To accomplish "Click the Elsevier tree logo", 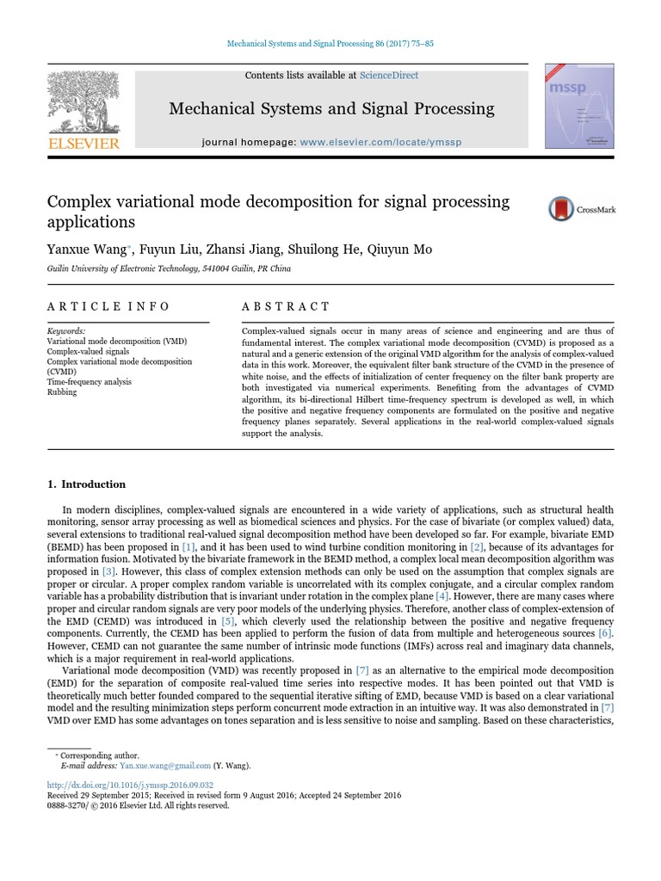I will tap(83, 102).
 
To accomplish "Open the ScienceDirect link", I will tap(389, 76).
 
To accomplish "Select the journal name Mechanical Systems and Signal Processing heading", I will tap(331, 108).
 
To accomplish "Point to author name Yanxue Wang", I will tap(86, 250).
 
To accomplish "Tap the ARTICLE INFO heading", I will tap(108, 306).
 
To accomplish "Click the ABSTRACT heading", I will tap(286, 306).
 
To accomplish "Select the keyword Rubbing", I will tap(61, 392).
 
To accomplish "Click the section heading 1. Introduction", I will tap(86, 484).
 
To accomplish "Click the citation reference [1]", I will tap(188, 547).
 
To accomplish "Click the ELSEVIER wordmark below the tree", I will tap(83, 144).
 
